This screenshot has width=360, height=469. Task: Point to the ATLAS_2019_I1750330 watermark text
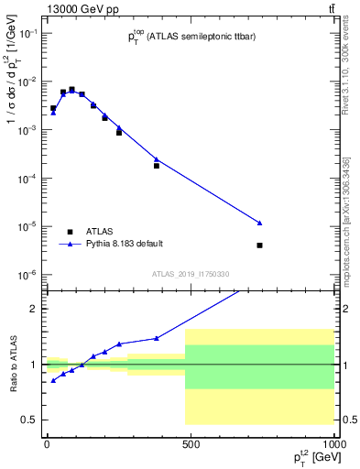191,273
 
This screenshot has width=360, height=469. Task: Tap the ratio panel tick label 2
35,309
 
